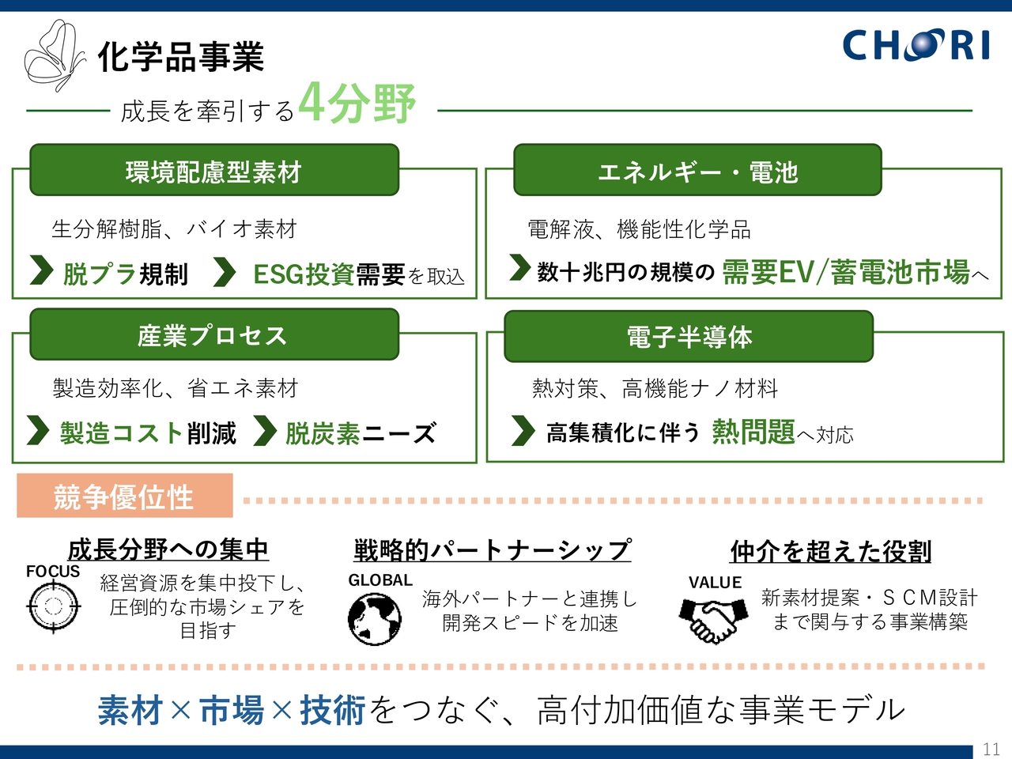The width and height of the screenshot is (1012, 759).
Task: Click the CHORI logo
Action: pos(916,45)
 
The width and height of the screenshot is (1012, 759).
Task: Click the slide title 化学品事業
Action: pos(180,57)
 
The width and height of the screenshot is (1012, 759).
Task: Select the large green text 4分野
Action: pos(357,103)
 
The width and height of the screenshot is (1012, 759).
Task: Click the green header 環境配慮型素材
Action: pos(213,171)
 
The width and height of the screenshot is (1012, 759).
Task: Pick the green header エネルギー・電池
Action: pos(697,171)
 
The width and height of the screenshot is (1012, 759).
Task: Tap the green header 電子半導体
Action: pos(689,337)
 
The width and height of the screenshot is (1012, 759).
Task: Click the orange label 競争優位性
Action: pos(124,497)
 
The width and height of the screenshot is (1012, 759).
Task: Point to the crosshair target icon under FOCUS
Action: pos(53,607)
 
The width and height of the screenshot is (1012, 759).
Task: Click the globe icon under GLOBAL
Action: pos(374,617)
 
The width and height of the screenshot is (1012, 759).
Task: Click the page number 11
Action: pos(991,749)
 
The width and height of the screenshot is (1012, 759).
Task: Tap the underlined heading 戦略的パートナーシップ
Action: pos(492,549)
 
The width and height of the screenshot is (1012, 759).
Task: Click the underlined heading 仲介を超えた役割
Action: pos(830,551)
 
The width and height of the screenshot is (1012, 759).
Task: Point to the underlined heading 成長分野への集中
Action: pos(168,549)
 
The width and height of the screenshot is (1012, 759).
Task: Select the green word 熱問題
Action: pos(753,432)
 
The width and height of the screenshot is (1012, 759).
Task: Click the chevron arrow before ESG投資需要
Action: pos(225,273)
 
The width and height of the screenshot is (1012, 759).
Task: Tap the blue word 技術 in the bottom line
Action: pos(332,710)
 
